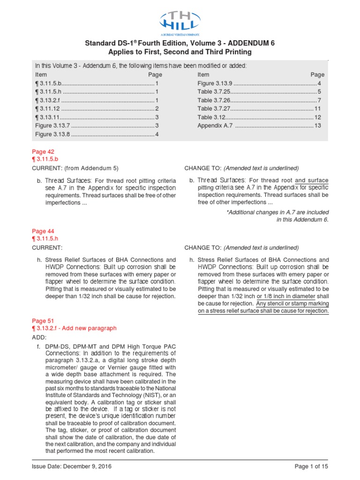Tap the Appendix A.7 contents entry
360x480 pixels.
(x=214, y=126)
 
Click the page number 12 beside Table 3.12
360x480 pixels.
(x=317, y=117)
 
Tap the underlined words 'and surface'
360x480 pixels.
(x=312, y=180)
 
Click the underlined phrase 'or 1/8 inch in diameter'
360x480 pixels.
(x=285, y=296)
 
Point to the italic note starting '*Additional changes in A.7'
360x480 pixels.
(x=277, y=212)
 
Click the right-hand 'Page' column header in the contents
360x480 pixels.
(x=317, y=75)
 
